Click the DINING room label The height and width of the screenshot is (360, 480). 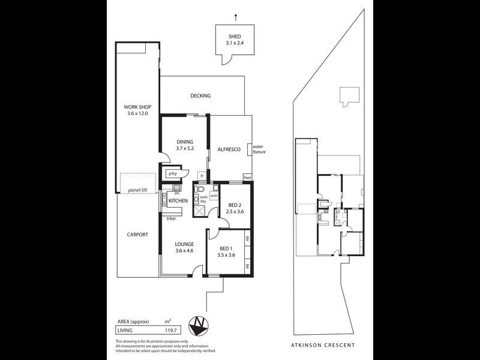click(x=185, y=142)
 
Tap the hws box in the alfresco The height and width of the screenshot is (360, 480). click(x=247, y=178)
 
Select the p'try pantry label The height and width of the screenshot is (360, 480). click(x=173, y=174)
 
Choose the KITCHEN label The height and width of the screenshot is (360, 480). click(x=178, y=200)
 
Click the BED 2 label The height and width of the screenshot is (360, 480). click(x=235, y=205)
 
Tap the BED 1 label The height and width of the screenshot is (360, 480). click(x=226, y=248)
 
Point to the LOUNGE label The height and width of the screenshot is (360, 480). click(x=184, y=244)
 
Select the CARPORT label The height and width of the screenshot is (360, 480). click(x=137, y=235)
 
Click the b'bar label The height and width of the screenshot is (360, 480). click(x=170, y=218)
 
